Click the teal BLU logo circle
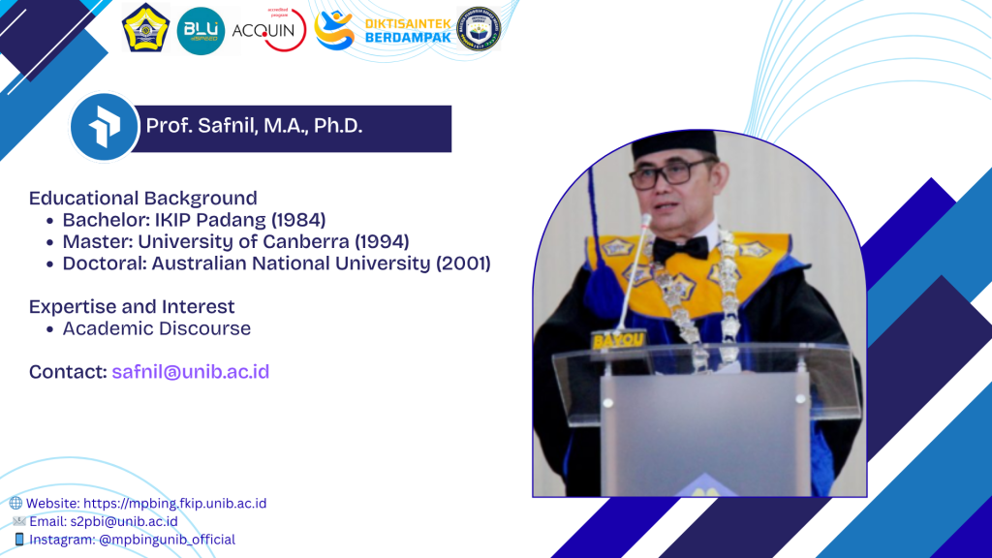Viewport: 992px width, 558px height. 201,30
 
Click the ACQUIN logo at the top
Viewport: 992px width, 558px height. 269,30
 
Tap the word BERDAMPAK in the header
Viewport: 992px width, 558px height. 408,38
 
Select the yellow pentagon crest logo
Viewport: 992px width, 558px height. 145,28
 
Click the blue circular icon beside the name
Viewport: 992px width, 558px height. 104,127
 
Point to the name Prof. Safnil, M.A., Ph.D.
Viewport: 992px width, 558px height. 255,126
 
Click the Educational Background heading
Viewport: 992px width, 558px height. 143,198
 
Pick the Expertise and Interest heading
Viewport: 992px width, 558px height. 132,306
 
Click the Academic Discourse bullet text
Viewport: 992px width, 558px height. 156,328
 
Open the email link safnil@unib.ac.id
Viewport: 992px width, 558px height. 191,371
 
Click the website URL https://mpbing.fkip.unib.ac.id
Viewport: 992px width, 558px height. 174,504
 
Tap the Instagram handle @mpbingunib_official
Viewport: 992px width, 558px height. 167,540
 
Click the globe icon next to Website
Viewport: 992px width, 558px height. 15,503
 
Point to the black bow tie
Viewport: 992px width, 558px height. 681,248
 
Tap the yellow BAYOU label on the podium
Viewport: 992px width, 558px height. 618,340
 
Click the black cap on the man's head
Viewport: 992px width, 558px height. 674,144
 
